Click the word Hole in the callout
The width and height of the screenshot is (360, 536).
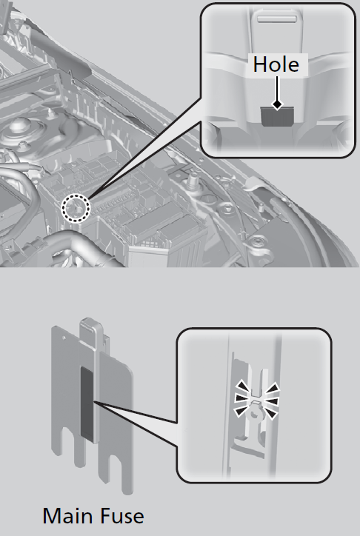tap(276, 64)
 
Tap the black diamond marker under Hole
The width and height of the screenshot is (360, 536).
tap(277, 104)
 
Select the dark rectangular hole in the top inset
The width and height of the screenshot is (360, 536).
tap(277, 116)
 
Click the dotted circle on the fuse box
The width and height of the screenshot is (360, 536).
tap(76, 208)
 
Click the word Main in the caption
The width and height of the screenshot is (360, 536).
tap(65, 516)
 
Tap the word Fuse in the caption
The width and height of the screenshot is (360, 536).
tap(119, 516)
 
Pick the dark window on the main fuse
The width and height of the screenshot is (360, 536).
tap(87, 403)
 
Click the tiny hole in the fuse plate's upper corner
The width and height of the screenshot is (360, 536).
tap(64, 338)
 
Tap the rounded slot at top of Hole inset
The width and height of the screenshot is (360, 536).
tap(276, 19)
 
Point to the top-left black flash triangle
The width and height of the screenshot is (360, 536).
tap(243, 386)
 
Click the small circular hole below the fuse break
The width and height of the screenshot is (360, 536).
tap(254, 414)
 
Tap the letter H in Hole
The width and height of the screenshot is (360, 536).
tap(259, 64)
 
